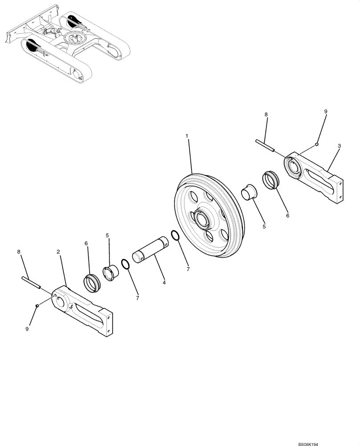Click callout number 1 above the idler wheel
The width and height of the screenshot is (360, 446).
(x=187, y=135)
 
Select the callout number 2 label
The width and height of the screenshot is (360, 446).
(x=58, y=252)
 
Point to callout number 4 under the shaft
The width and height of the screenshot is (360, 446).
(x=164, y=283)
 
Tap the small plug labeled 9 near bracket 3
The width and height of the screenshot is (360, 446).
(x=315, y=144)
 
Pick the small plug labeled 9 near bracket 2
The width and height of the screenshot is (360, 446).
(x=38, y=305)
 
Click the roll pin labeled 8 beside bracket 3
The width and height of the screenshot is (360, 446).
(x=266, y=146)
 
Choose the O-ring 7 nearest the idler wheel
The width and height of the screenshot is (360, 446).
(x=176, y=236)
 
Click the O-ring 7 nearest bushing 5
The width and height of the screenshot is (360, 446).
(x=126, y=264)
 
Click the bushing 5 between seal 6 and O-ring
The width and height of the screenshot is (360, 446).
(x=110, y=273)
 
